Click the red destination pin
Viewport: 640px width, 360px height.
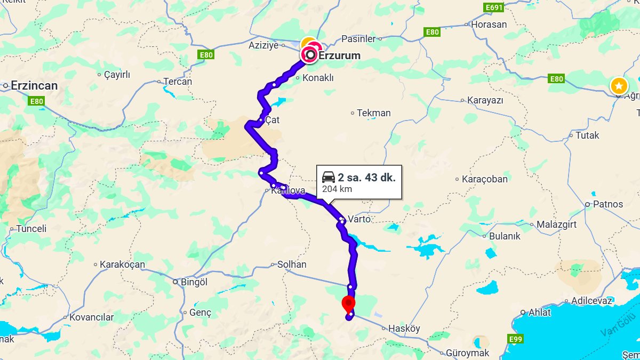click(348, 303)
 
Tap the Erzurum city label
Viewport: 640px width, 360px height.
click(339, 55)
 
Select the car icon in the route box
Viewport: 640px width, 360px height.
click(329, 178)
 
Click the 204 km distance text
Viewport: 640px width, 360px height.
click(337, 189)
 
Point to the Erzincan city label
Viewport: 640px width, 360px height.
click(34, 85)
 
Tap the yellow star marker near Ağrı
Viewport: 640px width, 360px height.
click(619, 86)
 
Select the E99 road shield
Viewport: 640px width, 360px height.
click(516, 339)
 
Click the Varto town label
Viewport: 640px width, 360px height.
click(359, 219)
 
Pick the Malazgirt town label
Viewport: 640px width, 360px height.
click(556, 225)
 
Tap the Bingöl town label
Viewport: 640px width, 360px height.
click(194, 282)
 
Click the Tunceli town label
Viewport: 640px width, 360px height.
click(32, 228)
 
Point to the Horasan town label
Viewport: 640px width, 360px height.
click(489, 25)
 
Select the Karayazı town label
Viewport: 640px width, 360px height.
click(485, 100)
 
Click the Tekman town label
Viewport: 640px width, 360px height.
click(374, 113)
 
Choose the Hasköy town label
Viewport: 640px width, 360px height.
click(405, 329)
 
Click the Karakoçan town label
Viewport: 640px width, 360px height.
click(122, 265)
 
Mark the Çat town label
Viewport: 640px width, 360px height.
click(272, 121)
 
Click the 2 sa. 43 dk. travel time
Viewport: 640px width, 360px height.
click(367, 178)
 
